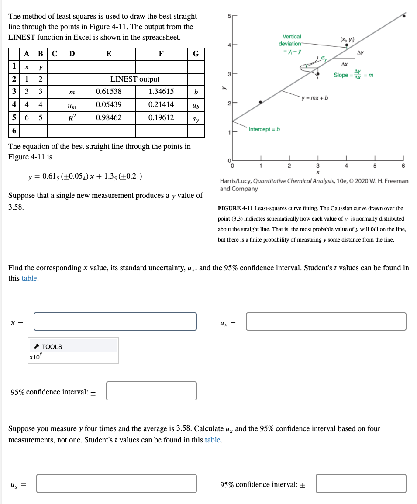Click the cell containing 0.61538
[x=109, y=92]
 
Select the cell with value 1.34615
[x=161, y=92]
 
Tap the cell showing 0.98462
[x=109, y=118]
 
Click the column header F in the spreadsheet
[x=161, y=54]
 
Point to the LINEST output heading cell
[x=134, y=79]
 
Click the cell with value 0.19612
[x=161, y=118]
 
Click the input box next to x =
[x=115, y=321]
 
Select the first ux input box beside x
[x=326, y=321]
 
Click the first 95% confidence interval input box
[x=151, y=391]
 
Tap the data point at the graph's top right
[x=404, y=16]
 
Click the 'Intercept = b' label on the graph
[x=264, y=129]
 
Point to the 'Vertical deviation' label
[x=291, y=40]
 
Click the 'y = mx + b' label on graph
[x=315, y=97]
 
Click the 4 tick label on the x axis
[x=346, y=166]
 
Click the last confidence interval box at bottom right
[x=361, y=484]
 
